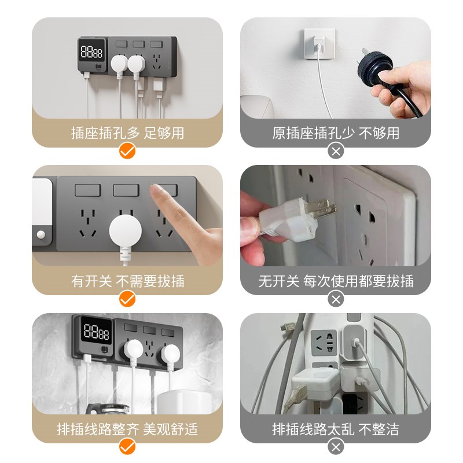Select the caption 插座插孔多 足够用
click(127, 133)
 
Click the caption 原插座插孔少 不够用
click(336, 133)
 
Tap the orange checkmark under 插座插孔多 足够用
click(127, 152)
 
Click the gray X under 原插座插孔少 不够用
click(336, 152)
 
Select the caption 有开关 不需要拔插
click(127, 281)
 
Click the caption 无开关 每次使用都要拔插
click(336, 281)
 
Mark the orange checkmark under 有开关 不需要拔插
click(127, 299)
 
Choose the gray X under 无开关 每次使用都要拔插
click(336, 299)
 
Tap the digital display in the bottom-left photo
click(97, 333)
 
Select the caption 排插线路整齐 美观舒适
click(127, 429)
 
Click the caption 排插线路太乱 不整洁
click(336, 429)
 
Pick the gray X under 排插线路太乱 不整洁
click(336, 447)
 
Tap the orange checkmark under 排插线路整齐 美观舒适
click(127, 447)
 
